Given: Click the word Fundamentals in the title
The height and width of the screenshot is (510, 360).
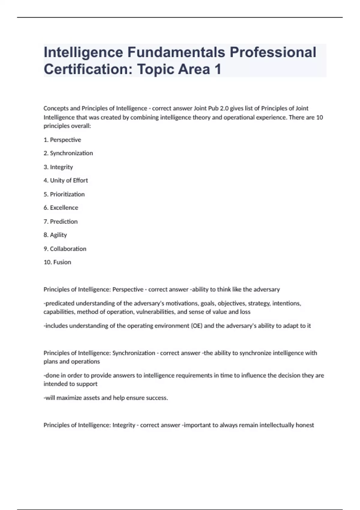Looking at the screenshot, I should [x=176, y=52].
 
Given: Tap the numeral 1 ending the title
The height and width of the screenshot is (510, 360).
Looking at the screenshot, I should [x=217, y=69].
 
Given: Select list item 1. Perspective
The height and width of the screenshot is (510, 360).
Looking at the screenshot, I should [x=62, y=140].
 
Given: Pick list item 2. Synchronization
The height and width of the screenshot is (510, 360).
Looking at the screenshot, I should [x=68, y=153].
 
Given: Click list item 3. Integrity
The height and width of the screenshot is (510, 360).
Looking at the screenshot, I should [x=58, y=167].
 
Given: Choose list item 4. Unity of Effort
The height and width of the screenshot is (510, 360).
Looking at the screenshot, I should [x=66, y=181].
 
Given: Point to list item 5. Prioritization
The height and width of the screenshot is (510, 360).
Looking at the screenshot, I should [x=64, y=194].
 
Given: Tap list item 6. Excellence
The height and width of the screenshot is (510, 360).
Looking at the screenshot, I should [x=61, y=208].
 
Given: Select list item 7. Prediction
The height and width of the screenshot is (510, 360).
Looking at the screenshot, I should [x=61, y=222].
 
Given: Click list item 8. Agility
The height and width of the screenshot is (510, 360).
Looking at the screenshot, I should [x=55, y=235].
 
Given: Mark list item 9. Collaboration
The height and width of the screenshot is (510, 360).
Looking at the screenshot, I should [x=65, y=249].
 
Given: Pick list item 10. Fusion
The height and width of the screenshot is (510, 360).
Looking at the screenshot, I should [x=57, y=262].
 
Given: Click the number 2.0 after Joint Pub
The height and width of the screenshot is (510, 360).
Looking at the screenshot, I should [x=224, y=108].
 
